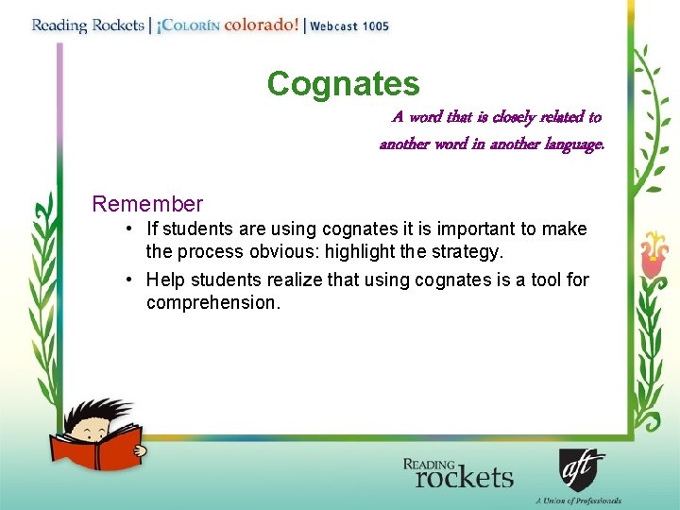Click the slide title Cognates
pos(343,84)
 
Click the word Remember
pos(147,204)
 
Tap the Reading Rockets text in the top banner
pos(87,25)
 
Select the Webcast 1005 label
pos(348,26)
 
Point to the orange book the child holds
pos(95,445)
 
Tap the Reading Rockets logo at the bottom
pos(457,472)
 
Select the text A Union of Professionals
pos(578,501)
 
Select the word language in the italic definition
pos(569,144)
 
